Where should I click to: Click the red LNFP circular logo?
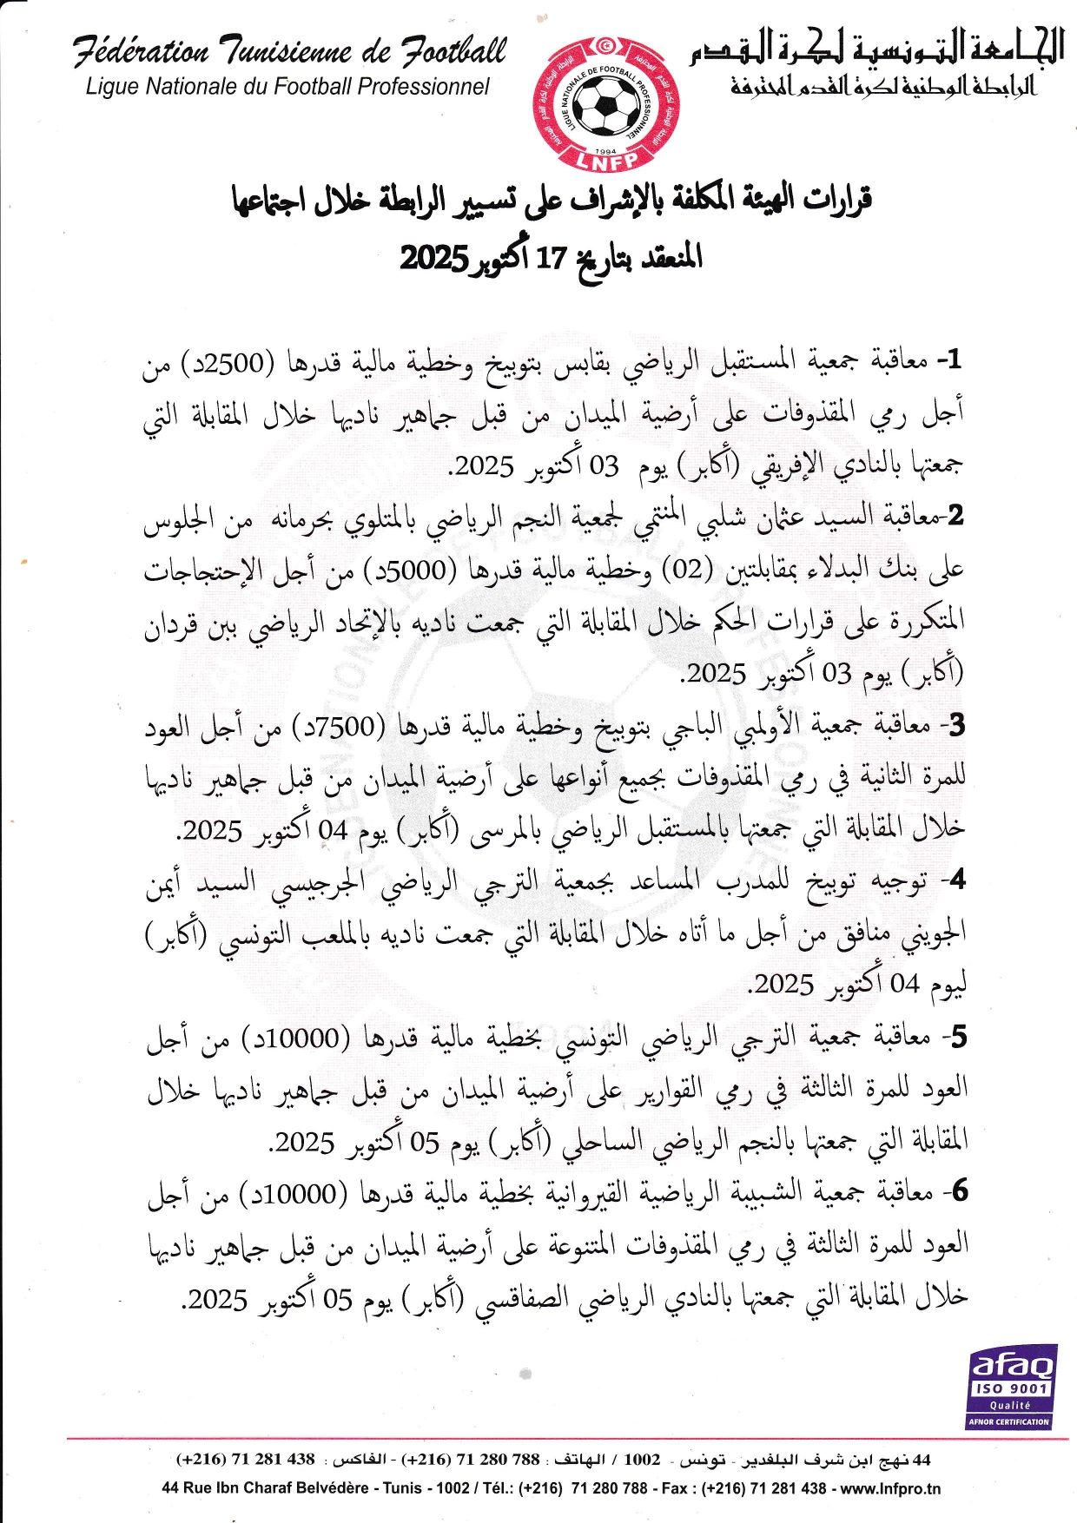coord(605,104)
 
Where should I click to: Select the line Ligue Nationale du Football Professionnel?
coord(287,86)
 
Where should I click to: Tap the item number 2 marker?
coord(955,515)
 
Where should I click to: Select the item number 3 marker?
coord(955,723)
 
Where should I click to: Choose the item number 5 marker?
coord(956,1036)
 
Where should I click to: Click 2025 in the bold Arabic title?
coord(433,258)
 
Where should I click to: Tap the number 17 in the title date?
coord(551,258)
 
